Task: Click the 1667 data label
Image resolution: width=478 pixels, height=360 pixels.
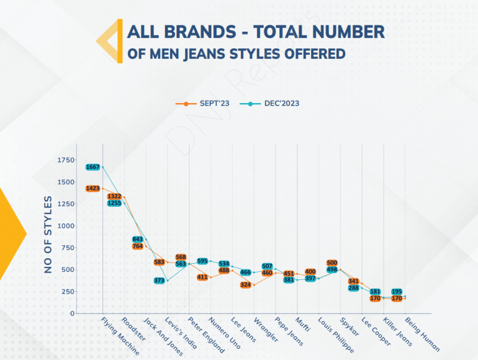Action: (x=93, y=167)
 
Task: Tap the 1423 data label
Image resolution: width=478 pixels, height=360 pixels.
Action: (x=93, y=188)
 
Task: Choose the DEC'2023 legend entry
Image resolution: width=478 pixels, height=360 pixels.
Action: (x=276, y=103)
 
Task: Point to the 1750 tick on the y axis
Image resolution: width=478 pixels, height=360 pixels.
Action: (x=65, y=160)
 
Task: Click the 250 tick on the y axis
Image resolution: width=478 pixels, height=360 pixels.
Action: (x=66, y=292)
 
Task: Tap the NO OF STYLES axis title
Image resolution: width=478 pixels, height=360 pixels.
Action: (x=48, y=235)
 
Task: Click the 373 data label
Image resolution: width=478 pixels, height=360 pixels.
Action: (x=160, y=281)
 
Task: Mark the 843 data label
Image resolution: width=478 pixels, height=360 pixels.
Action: (x=138, y=240)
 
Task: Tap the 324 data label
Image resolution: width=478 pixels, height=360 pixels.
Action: (x=246, y=285)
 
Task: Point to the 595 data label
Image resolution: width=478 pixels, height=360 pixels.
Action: (x=202, y=261)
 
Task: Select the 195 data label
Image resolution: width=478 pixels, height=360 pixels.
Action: (x=397, y=292)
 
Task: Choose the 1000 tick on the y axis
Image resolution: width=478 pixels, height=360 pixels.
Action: (x=65, y=226)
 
